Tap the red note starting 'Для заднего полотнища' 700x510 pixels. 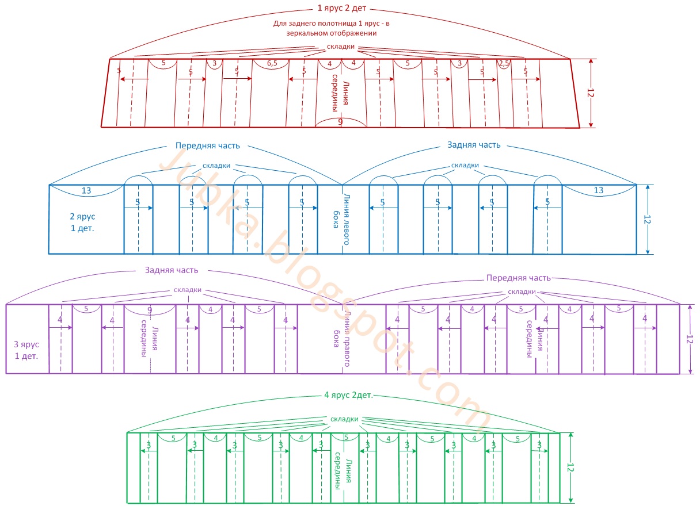(335, 28)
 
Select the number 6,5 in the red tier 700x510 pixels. (272, 63)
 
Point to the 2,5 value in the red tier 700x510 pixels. (504, 64)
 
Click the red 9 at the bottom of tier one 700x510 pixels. (340, 121)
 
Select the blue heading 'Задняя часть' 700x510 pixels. (474, 145)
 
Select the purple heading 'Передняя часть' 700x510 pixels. (518, 278)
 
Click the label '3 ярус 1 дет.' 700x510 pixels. (26, 350)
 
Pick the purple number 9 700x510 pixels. (150, 310)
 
